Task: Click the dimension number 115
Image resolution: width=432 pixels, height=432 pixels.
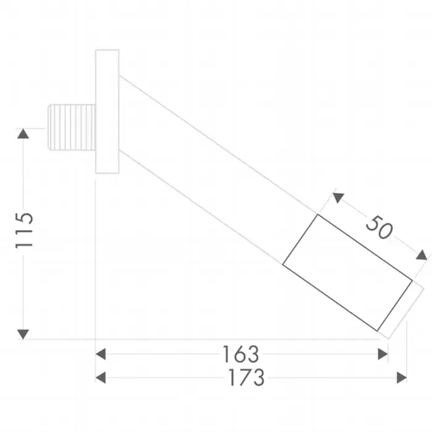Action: pyautogui.click(x=25, y=230)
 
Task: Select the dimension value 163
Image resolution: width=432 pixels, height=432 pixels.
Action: pyautogui.click(x=241, y=354)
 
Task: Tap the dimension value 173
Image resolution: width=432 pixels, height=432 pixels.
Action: pyautogui.click(x=247, y=377)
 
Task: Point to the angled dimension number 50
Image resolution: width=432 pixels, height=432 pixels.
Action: pyautogui.click(x=379, y=228)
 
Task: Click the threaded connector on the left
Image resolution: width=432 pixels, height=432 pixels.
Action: pyautogui.click(x=72, y=127)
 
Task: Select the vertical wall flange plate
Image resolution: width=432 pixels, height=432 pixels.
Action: pyautogui.click(x=107, y=112)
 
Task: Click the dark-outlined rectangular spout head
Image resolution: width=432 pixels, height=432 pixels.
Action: pyautogui.click(x=347, y=273)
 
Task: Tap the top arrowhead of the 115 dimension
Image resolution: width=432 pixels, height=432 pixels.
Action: pyautogui.click(x=23, y=134)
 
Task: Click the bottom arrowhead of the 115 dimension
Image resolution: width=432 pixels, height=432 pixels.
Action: pyautogui.click(x=23, y=334)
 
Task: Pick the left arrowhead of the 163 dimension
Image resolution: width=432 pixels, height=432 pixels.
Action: pyautogui.click(x=101, y=354)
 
